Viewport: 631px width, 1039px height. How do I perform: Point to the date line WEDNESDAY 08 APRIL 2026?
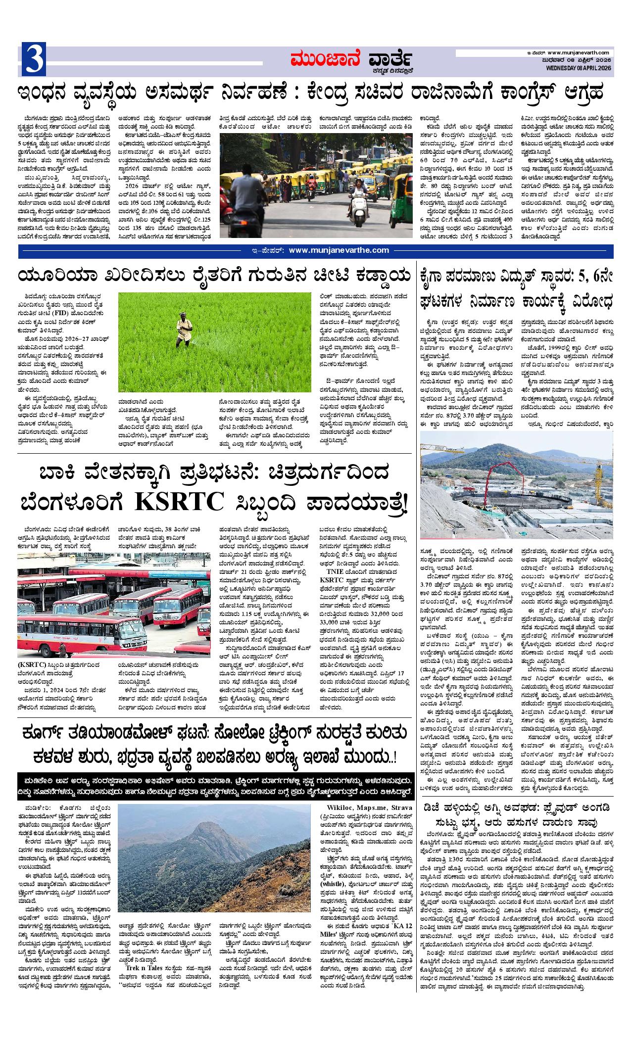point(580,68)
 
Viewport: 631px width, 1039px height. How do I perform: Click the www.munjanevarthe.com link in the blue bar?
point(339,251)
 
